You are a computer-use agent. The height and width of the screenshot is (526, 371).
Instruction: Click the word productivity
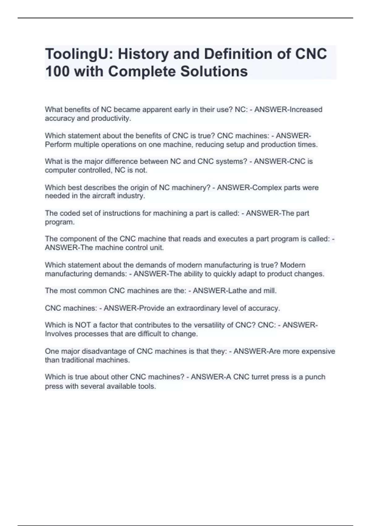pyautogui.click(x=111, y=118)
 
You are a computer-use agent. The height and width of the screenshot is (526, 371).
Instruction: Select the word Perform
pyautogui.click(x=58, y=144)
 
